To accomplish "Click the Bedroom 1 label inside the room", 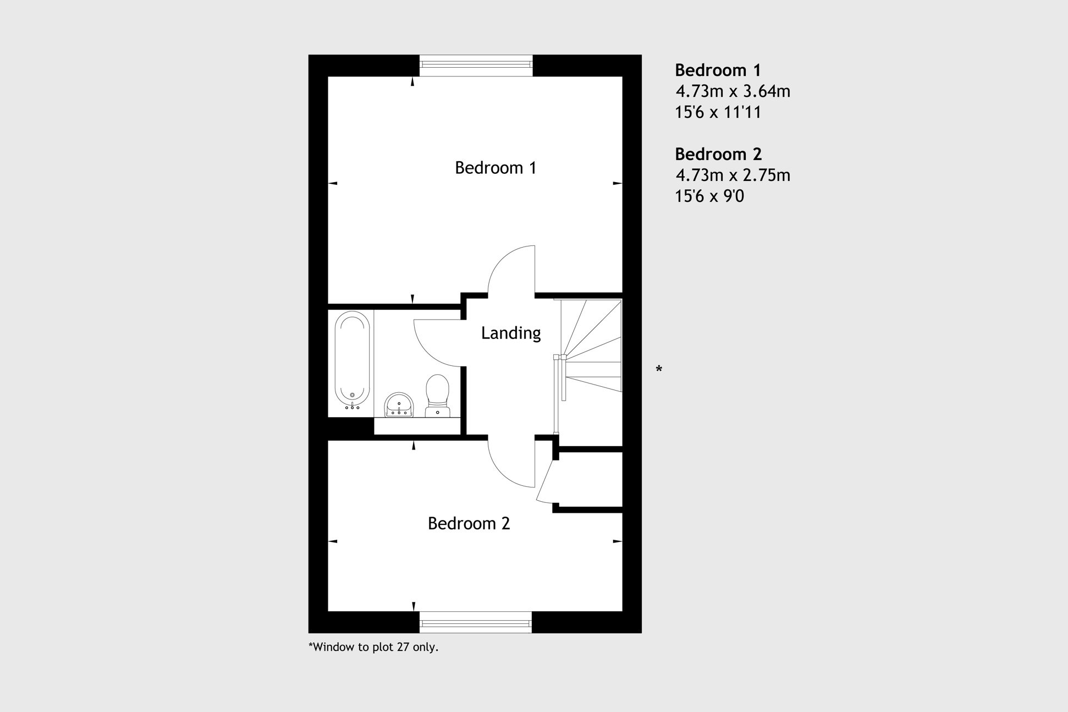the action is pyautogui.click(x=496, y=168).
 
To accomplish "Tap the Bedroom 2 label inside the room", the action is pyautogui.click(x=469, y=523).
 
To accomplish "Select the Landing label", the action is pyautogui.click(x=511, y=333).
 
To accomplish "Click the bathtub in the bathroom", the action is pyautogui.click(x=352, y=359).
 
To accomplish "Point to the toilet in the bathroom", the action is pyautogui.click(x=438, y=395).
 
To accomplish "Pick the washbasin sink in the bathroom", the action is pyautogui.click(x=399, y=405).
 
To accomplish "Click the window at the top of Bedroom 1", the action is pyautogui.click(x=476, y=65).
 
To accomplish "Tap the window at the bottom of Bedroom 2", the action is pyautogui.click(x=476, y=622).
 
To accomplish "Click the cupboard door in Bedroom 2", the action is pyautogui.click(x=546, y=482).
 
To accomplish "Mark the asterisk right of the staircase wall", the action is pyautogui.click(x=659, y=369).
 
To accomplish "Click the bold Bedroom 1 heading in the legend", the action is pyautogui.click(x=718, y=70).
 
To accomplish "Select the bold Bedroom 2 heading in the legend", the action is pyautogui.click(x=718, y=154).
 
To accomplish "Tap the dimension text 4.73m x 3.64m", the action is pyautogui.click(x=733, y=91).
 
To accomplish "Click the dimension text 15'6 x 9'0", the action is pyautogui.click(x=709, y=196).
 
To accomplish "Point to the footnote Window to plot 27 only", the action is pyautogui.click(x=373, y=647).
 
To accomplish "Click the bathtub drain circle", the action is pyautogui.click(x=353, y=395).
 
